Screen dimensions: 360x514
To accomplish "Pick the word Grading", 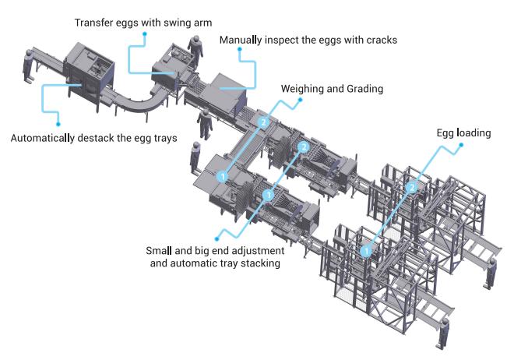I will [362, 89].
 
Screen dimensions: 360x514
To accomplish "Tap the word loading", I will [474, 132].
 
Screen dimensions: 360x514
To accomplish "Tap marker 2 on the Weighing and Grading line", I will [265, 122].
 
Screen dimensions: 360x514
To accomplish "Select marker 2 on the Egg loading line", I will [413, 188].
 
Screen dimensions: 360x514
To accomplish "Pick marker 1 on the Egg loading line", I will [365, 251].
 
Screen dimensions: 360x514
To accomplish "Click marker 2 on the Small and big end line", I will [304, 146].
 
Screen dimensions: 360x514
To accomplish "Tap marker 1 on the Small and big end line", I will [269, 194].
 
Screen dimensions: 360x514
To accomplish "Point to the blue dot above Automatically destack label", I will [57, 122].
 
